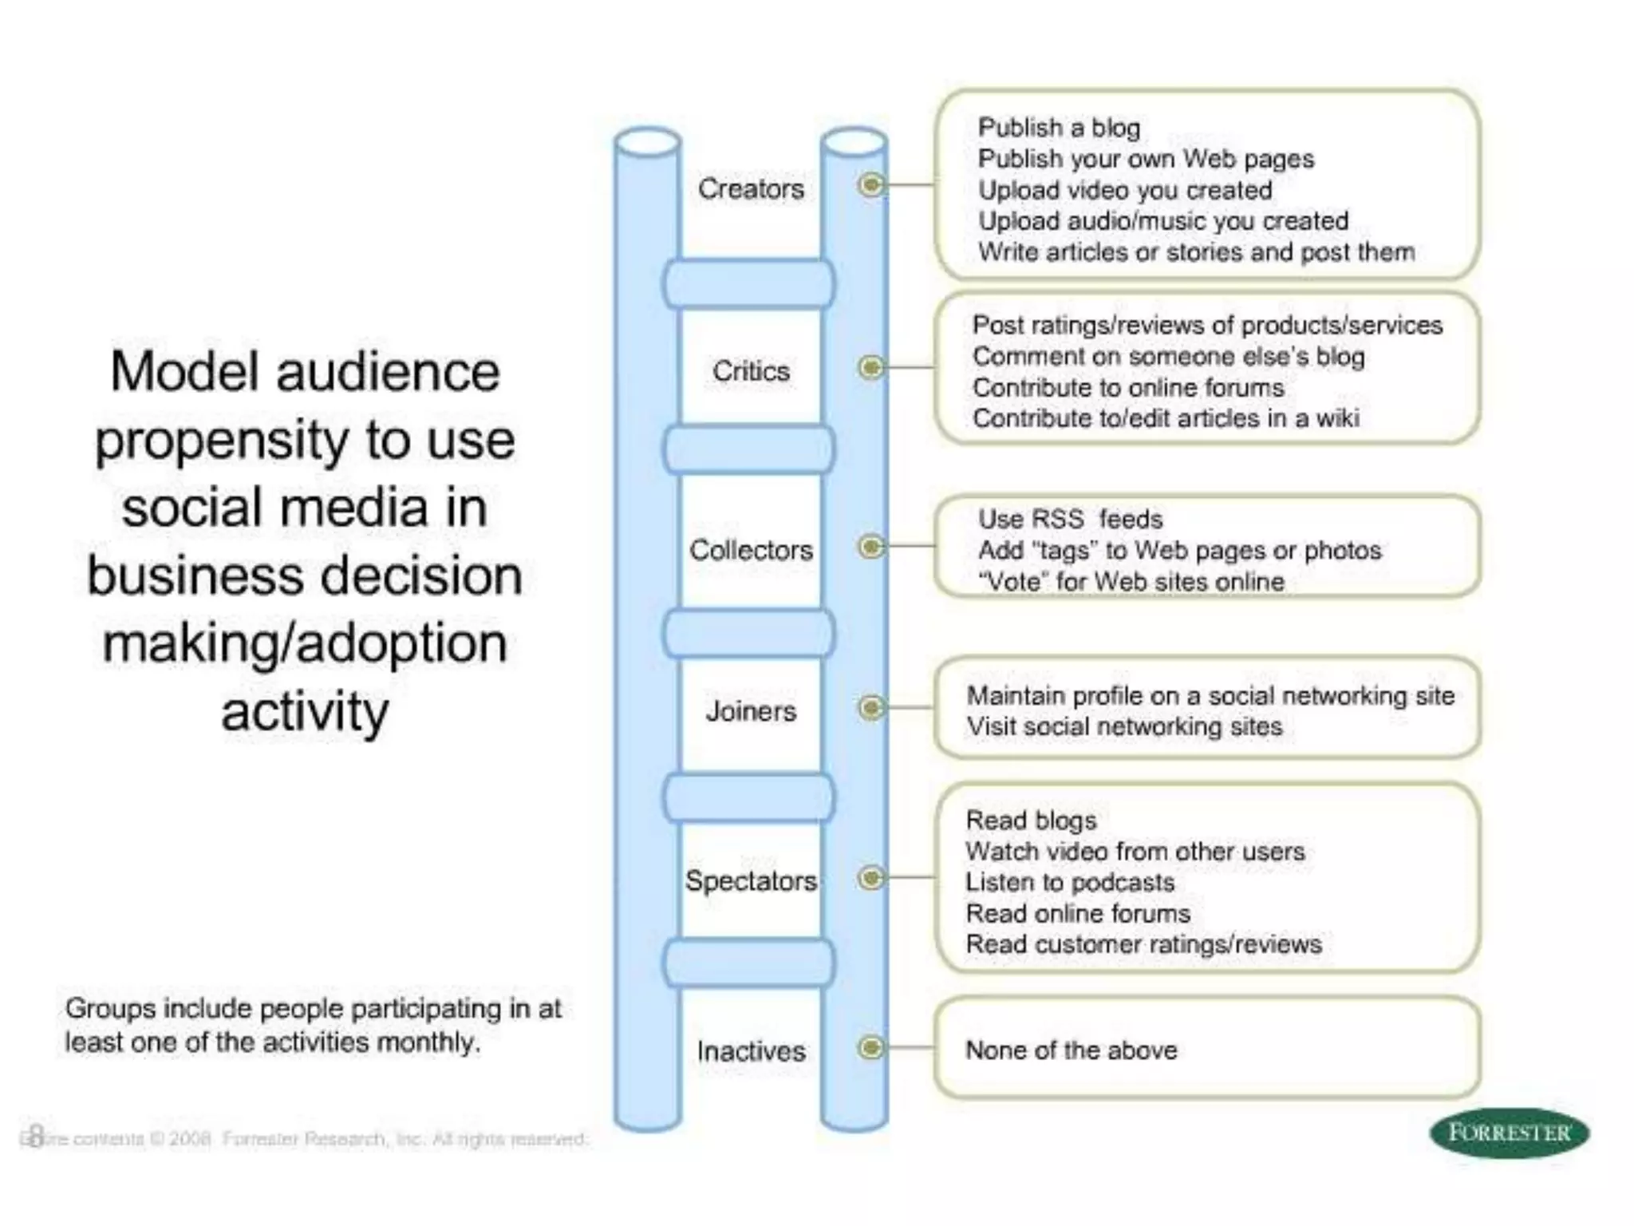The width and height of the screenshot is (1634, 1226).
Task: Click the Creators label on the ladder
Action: coord(751,189)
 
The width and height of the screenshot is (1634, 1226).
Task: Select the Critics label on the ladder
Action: coord(751,371)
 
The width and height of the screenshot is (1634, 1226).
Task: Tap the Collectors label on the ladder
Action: coord(751,550)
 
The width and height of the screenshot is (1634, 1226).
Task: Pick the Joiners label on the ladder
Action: coord(751,711)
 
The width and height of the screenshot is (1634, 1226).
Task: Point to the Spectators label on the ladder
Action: coord(751,880)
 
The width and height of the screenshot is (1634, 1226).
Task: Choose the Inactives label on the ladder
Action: coord(751,1051)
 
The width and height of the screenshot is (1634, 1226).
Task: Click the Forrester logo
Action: coord(1509,1133)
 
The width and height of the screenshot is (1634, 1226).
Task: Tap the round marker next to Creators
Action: coord(871,185)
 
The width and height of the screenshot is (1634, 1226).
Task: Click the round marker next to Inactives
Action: coord(871,1046)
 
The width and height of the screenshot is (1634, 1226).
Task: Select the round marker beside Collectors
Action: coord(871,547)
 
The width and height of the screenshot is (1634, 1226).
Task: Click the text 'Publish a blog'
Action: coord(1059,128)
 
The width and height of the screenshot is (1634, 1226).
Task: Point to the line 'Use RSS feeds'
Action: coord(1070,520)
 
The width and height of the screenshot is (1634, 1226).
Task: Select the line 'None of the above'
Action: coord(1071,1050)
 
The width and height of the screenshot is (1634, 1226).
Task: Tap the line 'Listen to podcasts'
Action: coord(1070,883)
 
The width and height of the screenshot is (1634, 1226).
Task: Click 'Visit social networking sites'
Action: coord(1124,727)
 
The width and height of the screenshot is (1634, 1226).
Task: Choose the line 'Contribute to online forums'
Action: coord(1128,388)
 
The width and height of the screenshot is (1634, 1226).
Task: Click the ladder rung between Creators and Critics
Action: coord(749,283)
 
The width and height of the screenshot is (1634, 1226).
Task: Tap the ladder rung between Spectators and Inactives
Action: coord(749,963)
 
